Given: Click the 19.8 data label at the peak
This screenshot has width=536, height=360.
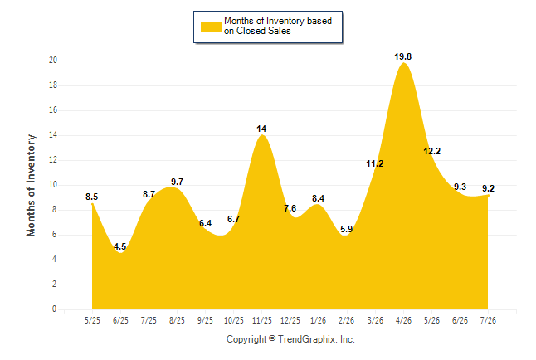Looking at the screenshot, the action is [x=402, y=56].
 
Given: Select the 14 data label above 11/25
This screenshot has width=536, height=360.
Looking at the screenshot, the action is [x=261, y=129].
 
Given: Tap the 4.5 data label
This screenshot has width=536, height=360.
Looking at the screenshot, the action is [x=120, y=246].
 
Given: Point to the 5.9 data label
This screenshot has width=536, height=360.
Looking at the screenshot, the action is [x=346, y=229].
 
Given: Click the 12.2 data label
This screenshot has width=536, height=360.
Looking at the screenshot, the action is [x=431, y=151].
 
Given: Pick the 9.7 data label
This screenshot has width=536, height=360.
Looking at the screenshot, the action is [x=177, y=182].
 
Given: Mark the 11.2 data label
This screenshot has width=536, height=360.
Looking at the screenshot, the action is [x=375, y=163].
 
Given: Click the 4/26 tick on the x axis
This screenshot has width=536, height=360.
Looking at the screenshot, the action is [x=403, y=320].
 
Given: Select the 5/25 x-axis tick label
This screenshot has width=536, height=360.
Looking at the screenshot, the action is [x=92, y=320].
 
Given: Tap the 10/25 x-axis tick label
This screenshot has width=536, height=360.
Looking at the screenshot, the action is [x=234, y=320].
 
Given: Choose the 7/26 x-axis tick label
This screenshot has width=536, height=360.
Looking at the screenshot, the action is [x=488, y=320].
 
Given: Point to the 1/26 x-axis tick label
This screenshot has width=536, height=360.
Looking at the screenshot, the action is [x=319, y=320].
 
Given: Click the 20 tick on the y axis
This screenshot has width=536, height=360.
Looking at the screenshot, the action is [x=53, y=61].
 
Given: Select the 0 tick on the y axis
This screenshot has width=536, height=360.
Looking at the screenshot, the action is [x=54, y=309].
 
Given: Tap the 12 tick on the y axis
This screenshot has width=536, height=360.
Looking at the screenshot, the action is [x=53, y=159].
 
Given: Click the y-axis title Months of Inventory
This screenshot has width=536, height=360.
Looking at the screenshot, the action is [x=31, y=185].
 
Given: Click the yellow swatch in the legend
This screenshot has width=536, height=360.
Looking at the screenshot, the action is [x=211, y=27].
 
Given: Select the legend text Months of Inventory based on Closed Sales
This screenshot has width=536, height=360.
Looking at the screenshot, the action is [x=278, y=26].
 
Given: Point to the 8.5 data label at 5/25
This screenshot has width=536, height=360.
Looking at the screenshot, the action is [x=91, y=197].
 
